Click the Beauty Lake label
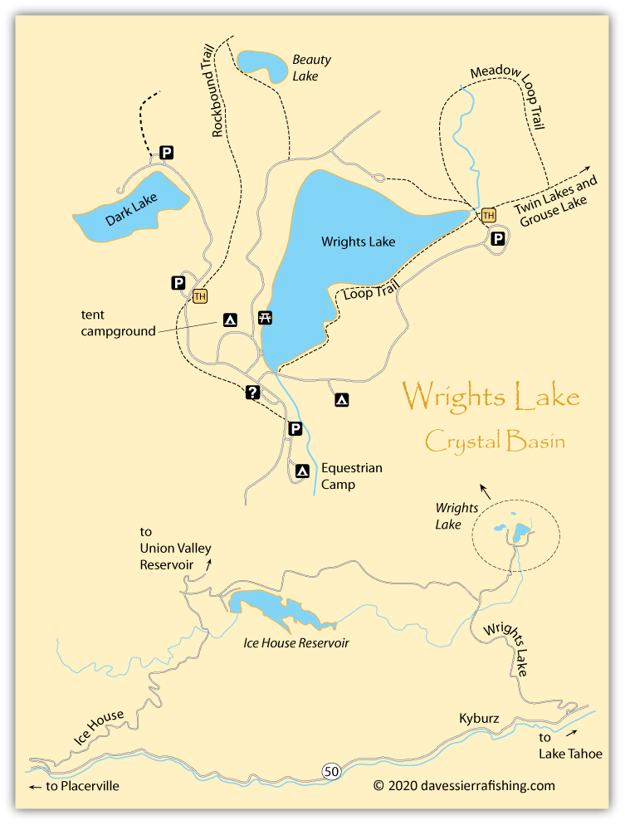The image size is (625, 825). click(x=311, y=67)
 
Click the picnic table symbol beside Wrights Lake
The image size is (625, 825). click(x=266, y=317)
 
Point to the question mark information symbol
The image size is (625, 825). click(x=253, y=393)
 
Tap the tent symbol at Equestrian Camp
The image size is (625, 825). click(x=303, y=471)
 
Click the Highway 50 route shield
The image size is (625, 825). click(x=331, y=772)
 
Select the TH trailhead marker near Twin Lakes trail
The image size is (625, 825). click(x=489, y=215)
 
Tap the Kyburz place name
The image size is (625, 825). click(x=480, y=718)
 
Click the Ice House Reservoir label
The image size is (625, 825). click(x=295, y=643)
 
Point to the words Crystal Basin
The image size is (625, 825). click(x=495, y=440)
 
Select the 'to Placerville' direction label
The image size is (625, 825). click(x=74, y=785)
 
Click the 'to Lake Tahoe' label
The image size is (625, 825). click(x=569, y=746)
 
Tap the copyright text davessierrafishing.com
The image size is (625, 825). click(x=463, y=785)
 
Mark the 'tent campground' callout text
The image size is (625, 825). click(x=118, y=323)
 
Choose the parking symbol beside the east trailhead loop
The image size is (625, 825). click(x=497, y=239)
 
